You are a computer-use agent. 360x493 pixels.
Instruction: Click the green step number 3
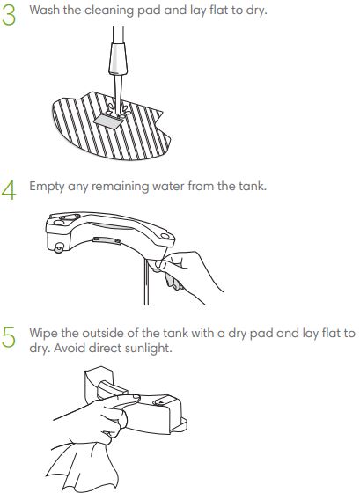[9, 16]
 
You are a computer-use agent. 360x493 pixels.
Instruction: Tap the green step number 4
[9, 190]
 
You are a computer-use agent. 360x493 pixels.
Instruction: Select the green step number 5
[9, 337]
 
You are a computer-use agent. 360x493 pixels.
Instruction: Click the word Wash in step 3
[44, 10]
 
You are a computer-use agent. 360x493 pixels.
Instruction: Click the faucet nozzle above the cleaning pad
[118, 59]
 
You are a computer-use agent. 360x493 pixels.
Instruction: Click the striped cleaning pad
[111, 127]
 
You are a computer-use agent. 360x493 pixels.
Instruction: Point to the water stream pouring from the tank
[146, 282]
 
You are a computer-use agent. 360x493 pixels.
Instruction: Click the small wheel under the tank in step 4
[58, 248]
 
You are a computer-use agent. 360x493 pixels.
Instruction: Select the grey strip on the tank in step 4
[107, 240]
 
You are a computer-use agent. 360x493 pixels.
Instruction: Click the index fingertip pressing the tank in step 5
[136, 397]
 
